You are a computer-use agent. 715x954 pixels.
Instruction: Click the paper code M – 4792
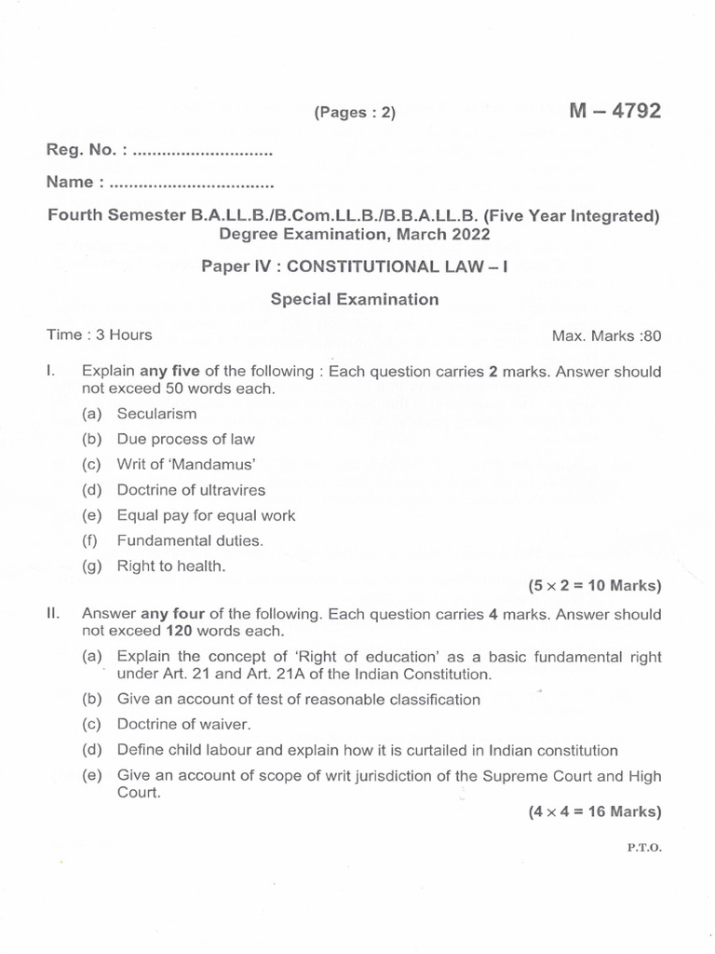(614, 111)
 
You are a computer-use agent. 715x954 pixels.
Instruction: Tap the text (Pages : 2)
(355, 113)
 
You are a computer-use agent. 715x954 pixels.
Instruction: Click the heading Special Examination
(354, 299)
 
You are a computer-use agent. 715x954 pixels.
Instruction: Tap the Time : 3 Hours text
(100, 334)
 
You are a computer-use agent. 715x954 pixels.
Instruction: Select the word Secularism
(156, 413)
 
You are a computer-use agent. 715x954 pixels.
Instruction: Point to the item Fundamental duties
(190, 539)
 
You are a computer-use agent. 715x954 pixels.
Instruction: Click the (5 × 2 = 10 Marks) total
(594, 586)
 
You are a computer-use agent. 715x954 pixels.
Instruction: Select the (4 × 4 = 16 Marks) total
(594, 811)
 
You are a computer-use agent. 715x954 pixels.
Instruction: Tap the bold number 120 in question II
(126, 631)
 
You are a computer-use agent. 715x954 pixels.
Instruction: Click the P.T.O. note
(644, 849)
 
